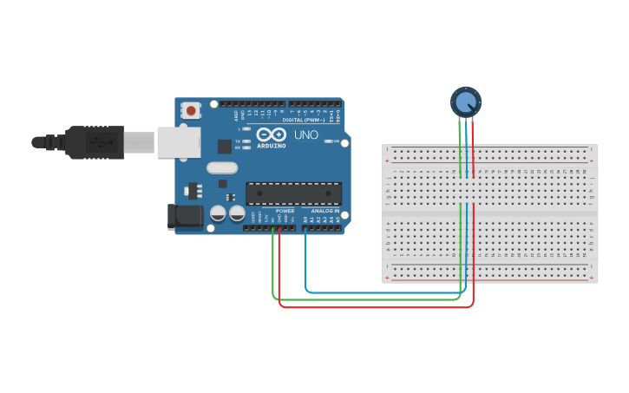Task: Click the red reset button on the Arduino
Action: (190, 110)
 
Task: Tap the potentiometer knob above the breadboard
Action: (466, 102)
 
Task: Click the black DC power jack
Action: (184, 217)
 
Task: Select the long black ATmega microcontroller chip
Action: (293, 194)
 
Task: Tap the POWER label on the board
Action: (285, 211)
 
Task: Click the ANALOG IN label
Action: (324, 211)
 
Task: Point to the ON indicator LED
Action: (328, 141)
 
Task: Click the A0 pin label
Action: (305, 219)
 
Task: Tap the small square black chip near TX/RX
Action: (225, 147)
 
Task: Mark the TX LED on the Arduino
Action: (247, 141)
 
